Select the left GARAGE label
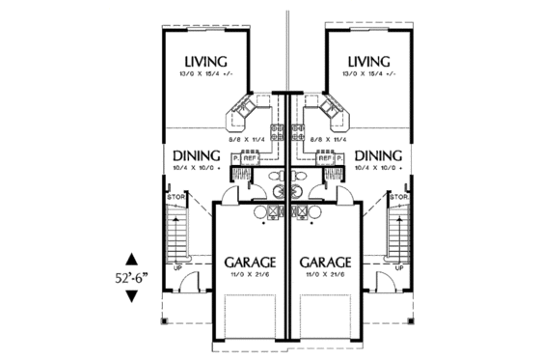pos(251,262)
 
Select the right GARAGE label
pos(324,262)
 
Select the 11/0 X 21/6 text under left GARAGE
pos(251,276)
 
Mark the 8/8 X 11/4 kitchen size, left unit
pos(247,141)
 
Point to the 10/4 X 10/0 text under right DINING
pos(376,168)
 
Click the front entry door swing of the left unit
pos(190,282)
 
